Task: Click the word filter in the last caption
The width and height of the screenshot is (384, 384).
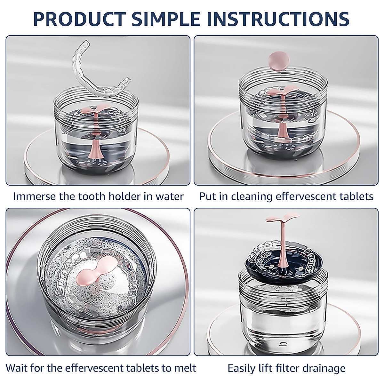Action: click(284, 368)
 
